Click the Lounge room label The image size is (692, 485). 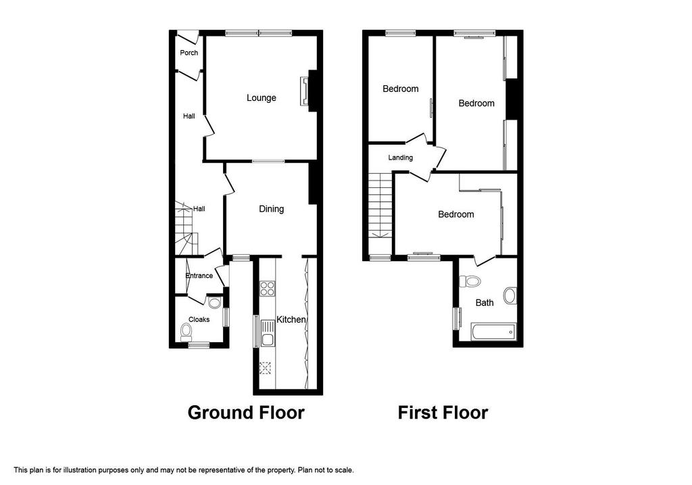pyautogui.click(x=262, y=98)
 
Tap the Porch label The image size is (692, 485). pyautogui.click(x=189, y=53)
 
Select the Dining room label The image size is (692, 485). pyautogui.click(x=271, y=209)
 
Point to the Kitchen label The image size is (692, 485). pyautogui.click(x=291, y=319)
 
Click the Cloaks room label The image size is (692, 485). pyautogui.click(x=199, y=319)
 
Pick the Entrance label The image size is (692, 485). pyautogui.click(x=199, y=275)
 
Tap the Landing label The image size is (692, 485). pyautogui.click(x=400, y=158)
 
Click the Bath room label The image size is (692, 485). pyautogui.click(x=484, y=302)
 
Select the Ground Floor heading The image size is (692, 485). pyautogui.click(x=246, y=413)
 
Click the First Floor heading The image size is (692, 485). pyautogui.click(x=443, y=413)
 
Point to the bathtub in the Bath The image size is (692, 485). pyautogui.click(x=493, y=331)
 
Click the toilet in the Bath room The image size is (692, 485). pyautogui.click(x=470, y=281)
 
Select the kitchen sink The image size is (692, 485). pyautogui.click(x=267, y=333)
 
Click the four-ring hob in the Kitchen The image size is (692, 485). pyautogui.click(x=267, y=289)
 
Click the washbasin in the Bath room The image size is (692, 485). pyautogui.click(x=510, y=296)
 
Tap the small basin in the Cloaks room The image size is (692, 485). pyautogui.click(x=214, y=302)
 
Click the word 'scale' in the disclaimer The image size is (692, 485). pyautogui.click(x=344, y=470)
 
